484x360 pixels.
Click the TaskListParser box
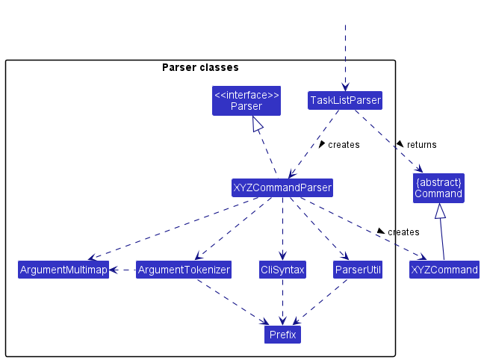pos(345,100)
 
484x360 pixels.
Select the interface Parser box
pos(246,101)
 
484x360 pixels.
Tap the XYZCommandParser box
pos(282,187)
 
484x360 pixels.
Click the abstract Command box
pos(438,188)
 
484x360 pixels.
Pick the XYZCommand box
pos(444,270)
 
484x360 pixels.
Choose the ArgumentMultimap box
pos(63,270)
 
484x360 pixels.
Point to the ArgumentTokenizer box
pos(184,270)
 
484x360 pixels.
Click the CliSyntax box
pos(282,270)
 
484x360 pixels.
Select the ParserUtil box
pos(358,270)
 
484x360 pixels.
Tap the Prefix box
pos(282,335)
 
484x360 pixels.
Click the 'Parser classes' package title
pos(200,67)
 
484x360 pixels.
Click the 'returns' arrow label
pos(422,145)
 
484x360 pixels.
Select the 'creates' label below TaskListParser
pos(344,145)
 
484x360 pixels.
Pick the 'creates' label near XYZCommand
pos(403,232)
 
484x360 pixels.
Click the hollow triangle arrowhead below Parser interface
pos(258,124)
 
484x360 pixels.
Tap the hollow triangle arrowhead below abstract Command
pos(440,211)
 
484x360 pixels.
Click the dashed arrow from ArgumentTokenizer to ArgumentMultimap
pos(122,270)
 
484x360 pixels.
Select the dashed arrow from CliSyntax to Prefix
pos(282,302)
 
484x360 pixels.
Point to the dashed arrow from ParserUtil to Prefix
pos(320,302)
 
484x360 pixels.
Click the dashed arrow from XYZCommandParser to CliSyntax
pos(282,229)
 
